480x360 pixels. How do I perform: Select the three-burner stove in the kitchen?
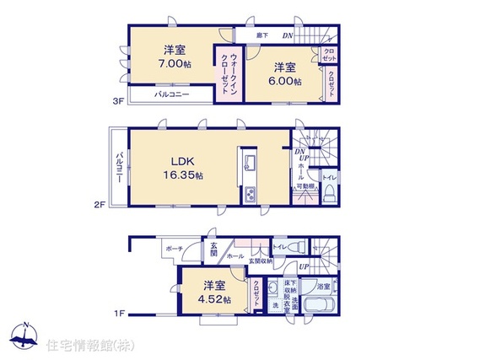point(251,196)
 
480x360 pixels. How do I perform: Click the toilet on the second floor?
point(331,191)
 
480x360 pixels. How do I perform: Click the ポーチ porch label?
point(173,249)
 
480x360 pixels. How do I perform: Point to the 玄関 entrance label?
point(213,250)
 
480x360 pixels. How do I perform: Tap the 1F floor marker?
point(121,314)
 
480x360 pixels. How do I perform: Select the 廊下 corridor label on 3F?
point(262,35)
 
